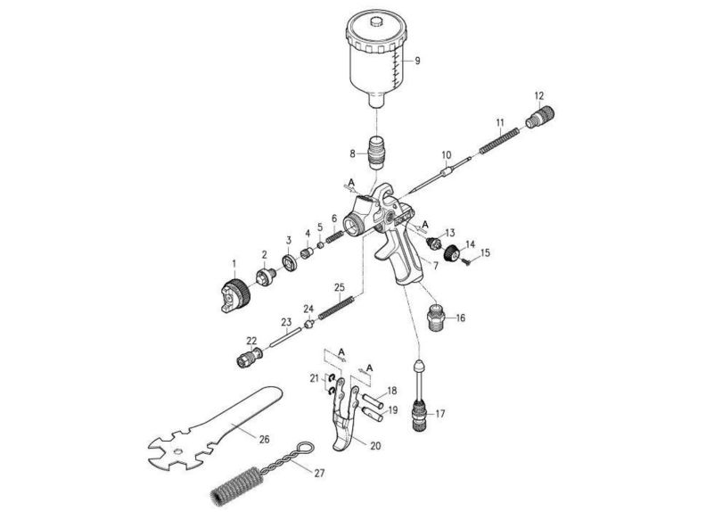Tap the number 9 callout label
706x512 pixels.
(415, 61)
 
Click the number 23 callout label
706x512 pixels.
(286, 322)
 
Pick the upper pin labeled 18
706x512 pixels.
(373, 394)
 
